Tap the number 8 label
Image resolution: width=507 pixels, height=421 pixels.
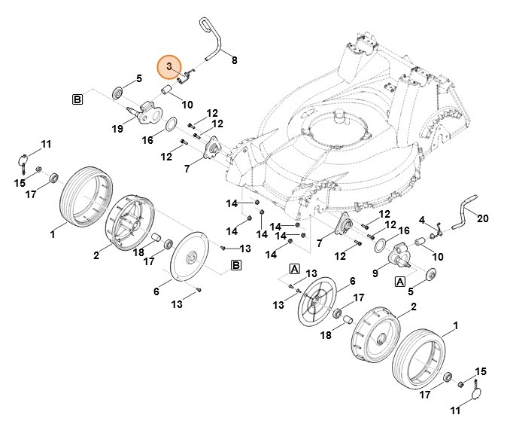pyautogui.click(x=234, y=59)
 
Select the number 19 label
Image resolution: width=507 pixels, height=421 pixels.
pyautogui.click(x=117, y=129)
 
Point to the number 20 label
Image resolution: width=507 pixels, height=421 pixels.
pyautogui.click(x=483, y=218)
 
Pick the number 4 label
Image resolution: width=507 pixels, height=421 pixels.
pyautogui.click(x=423, y=220)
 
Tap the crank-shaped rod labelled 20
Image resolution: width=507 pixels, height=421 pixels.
pyautogui.click(x=463, y=209)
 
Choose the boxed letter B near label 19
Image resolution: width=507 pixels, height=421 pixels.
pyautogui.click(x=77, y=99)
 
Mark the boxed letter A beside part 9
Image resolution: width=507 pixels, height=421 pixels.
pyautogui.click(x=401, y=280)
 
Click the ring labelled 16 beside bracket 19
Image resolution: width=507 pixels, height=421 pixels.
pyautogui.click(x=171, y=123)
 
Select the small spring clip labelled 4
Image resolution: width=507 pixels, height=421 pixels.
pyautogui.click(x=434, y=234)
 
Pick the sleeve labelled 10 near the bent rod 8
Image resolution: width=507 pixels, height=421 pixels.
pyautogui.click(x=168, y=91)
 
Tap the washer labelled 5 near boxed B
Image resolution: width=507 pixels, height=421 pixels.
pyautogui.click(x=118, y=93)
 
